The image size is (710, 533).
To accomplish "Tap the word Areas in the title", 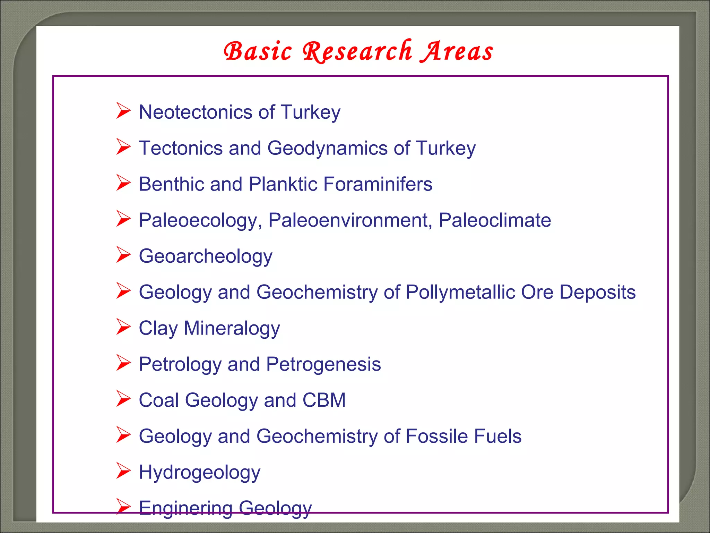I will point(457,51).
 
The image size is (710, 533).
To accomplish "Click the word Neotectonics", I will point(196,112).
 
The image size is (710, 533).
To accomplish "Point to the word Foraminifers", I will point(378,184).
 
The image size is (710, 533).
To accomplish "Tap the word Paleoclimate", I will point(494,220).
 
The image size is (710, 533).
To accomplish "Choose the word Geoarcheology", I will point(206,256).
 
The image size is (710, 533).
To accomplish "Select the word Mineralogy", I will point(232,328).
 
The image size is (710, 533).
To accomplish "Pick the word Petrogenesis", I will point(323,364).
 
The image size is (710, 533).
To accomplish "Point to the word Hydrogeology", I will point(199,473).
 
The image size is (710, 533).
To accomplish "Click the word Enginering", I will point(185,508).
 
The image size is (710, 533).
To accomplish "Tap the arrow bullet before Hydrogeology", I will point(123,471).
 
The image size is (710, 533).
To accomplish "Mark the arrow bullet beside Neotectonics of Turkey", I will point(123,111).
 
